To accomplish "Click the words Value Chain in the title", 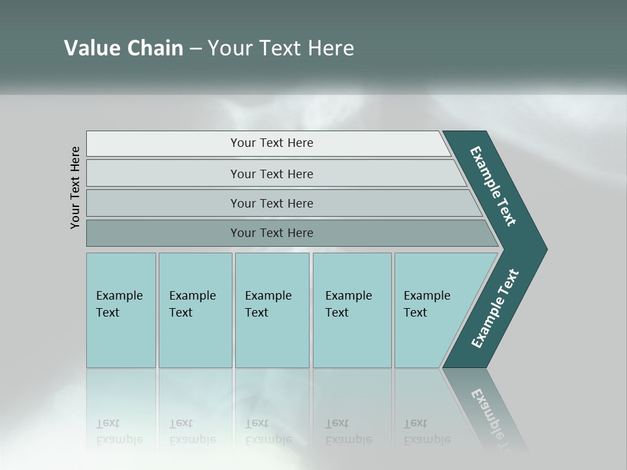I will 123,48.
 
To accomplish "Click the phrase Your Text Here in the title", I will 281,48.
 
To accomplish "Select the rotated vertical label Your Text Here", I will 75,187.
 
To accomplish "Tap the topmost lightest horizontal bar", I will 271,143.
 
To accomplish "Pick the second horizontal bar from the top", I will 271,174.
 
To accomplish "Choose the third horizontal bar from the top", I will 271,203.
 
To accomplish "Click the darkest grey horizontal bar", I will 271,233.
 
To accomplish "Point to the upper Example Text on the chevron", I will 493,186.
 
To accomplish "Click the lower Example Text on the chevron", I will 495,309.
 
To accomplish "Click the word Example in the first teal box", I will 119,296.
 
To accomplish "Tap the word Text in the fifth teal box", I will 415,313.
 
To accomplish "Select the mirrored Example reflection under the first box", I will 119,439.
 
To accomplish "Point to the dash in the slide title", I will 195,49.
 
